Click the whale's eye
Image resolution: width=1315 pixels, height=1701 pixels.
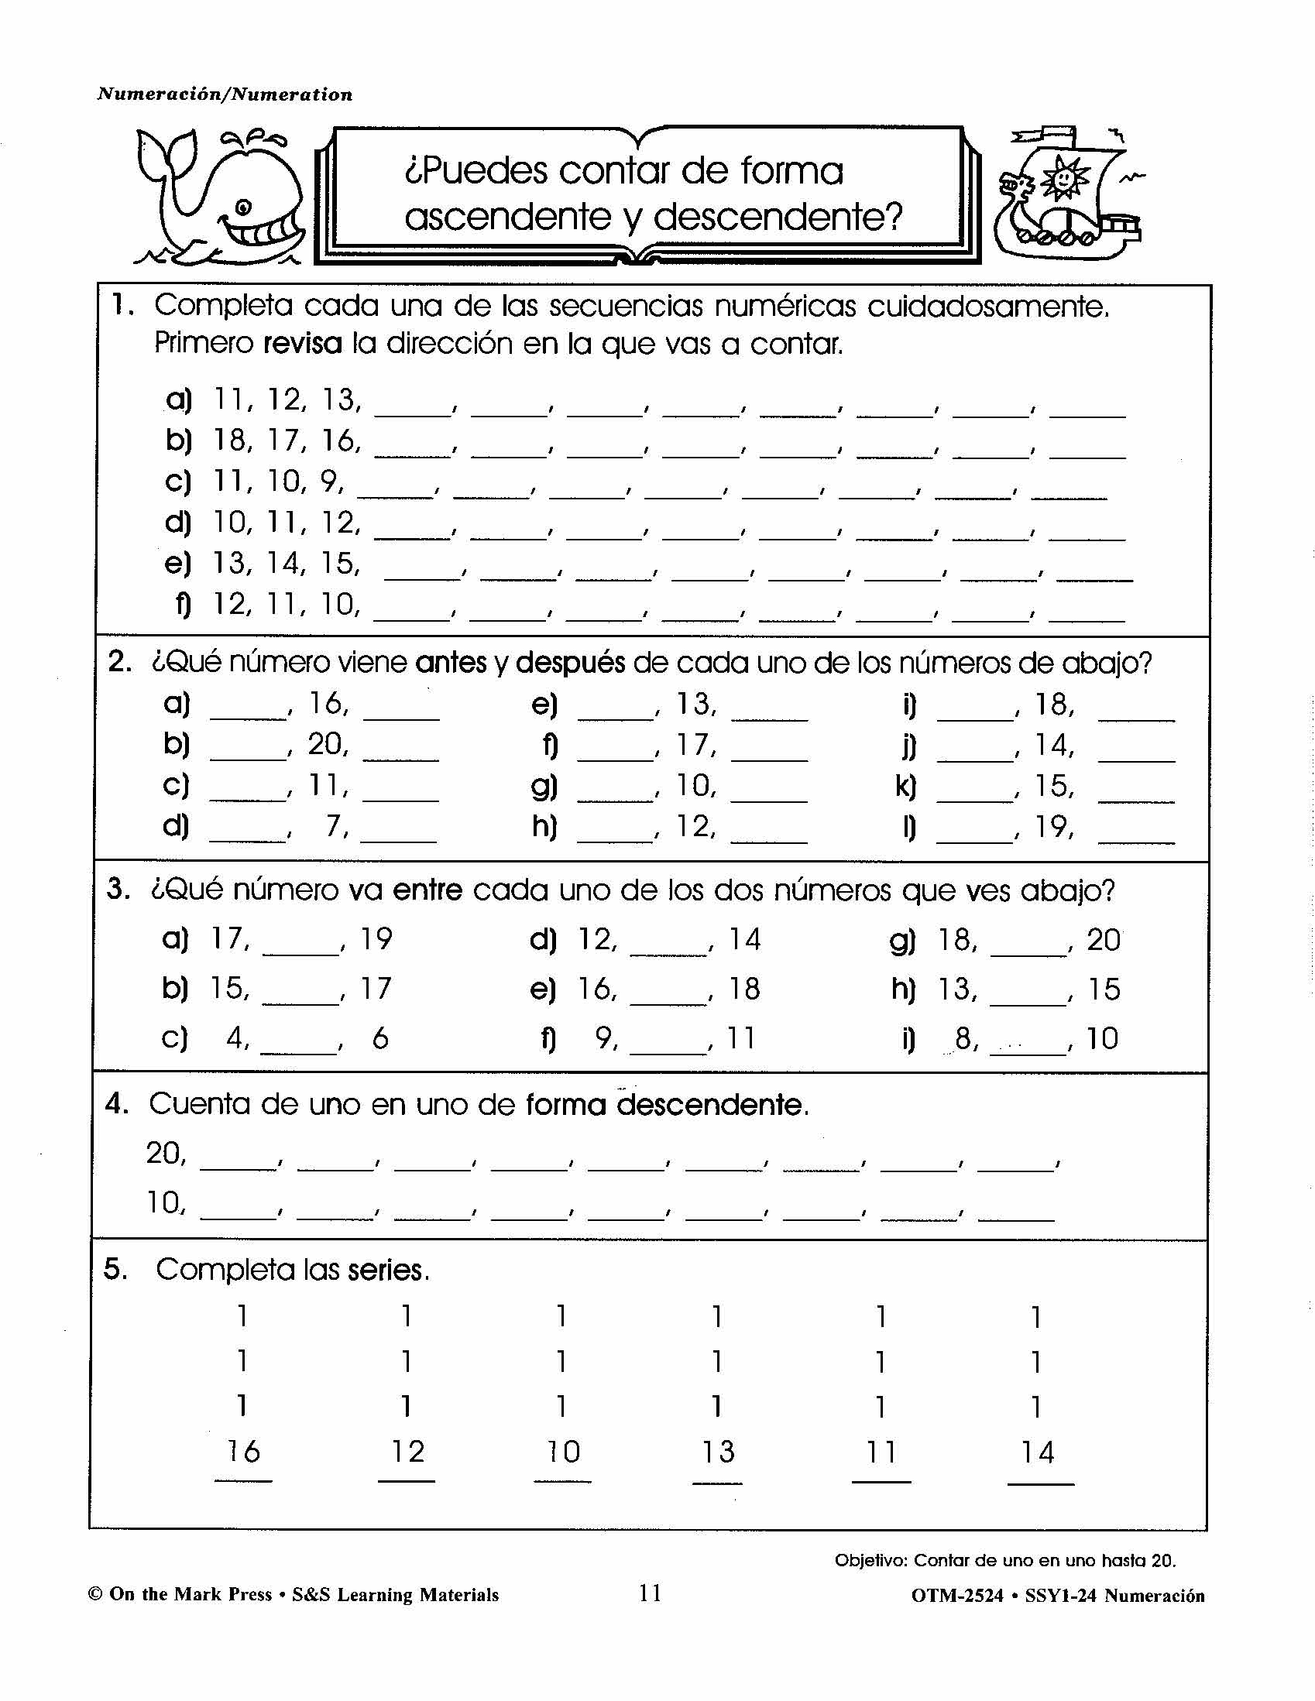pyautogui.click(x=244, y=207)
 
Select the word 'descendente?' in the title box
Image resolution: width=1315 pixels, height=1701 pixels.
pyautogui.click(x=778, y=218)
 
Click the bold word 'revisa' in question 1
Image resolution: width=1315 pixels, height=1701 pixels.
pyautogui.click(x=302, y=344)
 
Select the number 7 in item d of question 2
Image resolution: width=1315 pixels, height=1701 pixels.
pyautogui.click(x=335, y=825)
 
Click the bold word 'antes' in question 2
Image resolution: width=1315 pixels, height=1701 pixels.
pyautogui.click(x=451, y=663)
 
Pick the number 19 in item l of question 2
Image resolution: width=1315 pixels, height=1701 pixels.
pyautogui.click(x=1052, y=827)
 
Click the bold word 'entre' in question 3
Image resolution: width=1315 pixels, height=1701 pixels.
pyautogui.click(x=427, y=890)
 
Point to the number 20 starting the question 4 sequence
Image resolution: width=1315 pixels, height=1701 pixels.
pyautogui.click(x=164, y=1153)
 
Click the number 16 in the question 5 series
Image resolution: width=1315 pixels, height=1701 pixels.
pyautogui.click(x=243, y=1452)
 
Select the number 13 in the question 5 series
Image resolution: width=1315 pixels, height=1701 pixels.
pyautogui.click(x=717, y=1452)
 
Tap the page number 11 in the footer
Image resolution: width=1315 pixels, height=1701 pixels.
pyautogui.click(x=650, y=1593)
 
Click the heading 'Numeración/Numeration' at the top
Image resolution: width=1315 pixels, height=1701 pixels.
pyautogui.click(x=225, y=95)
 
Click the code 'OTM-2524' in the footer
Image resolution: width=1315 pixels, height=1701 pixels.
pyautogui.click(x=956, y=1596)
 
